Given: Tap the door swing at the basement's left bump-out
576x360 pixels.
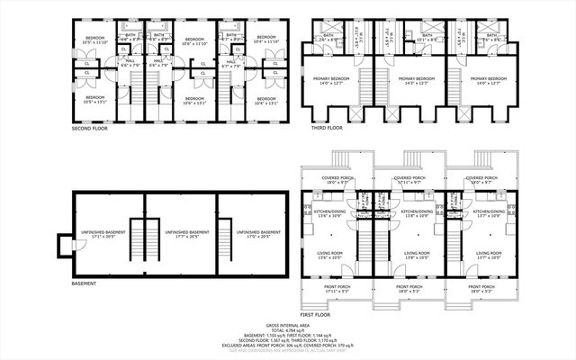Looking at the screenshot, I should pyautogui.click(x=62, y=242).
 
